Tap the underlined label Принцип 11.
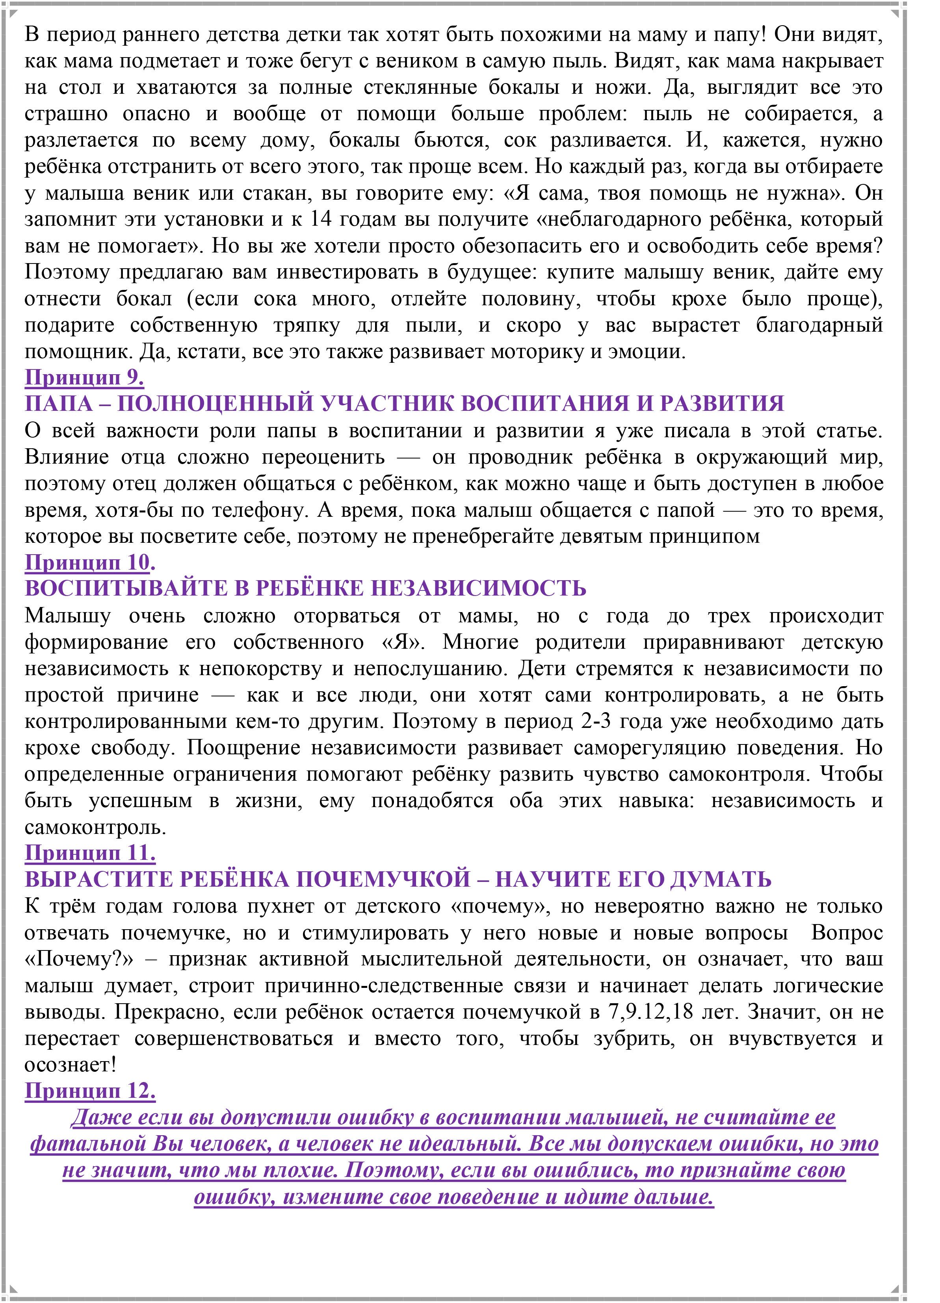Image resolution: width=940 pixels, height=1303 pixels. point(90,853)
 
